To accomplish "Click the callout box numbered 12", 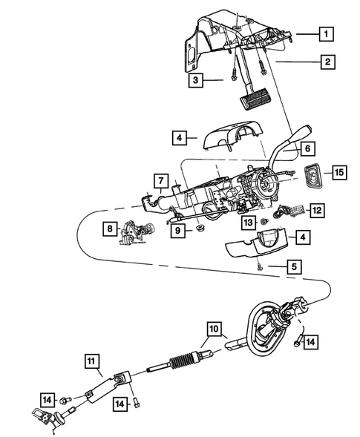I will [x=316, y=211].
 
